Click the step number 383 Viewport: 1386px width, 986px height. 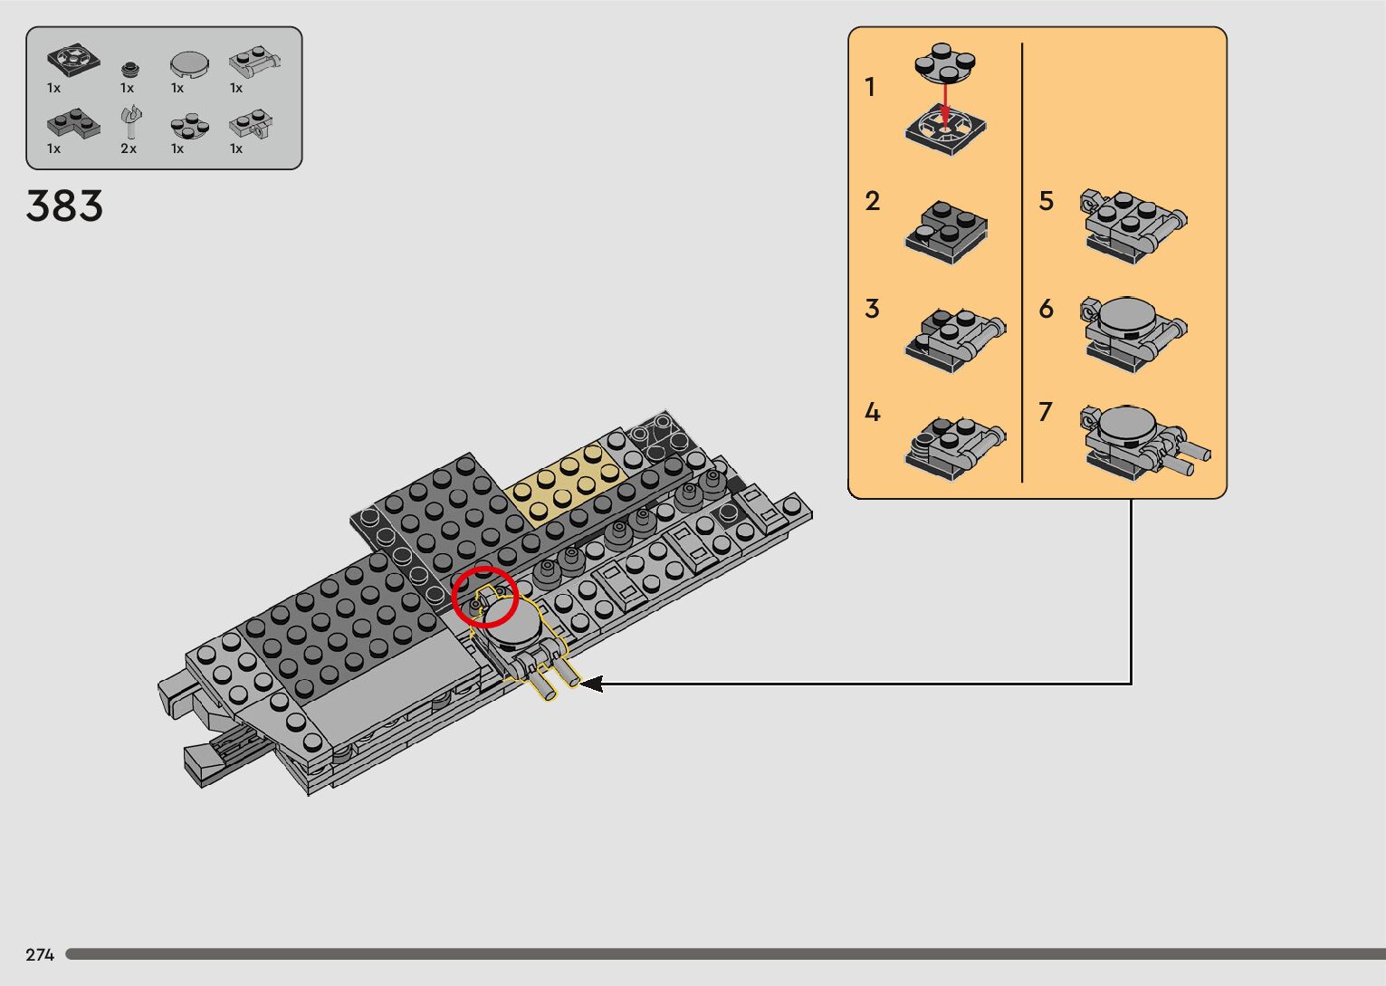click(x=64, y=206)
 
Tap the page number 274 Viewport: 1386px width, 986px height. click(x=40, y=954)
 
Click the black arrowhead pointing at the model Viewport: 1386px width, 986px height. click(x=591, y=684)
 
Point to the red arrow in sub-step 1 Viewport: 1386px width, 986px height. click(x=945, y=103)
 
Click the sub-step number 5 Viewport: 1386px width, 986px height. click(x=1046, y=201)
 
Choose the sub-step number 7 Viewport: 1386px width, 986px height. click(x=1046, y=412)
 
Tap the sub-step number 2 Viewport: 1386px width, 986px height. click(x=873, y=201)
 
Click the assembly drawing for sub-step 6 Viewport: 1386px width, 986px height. click(x=1133, y=334)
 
